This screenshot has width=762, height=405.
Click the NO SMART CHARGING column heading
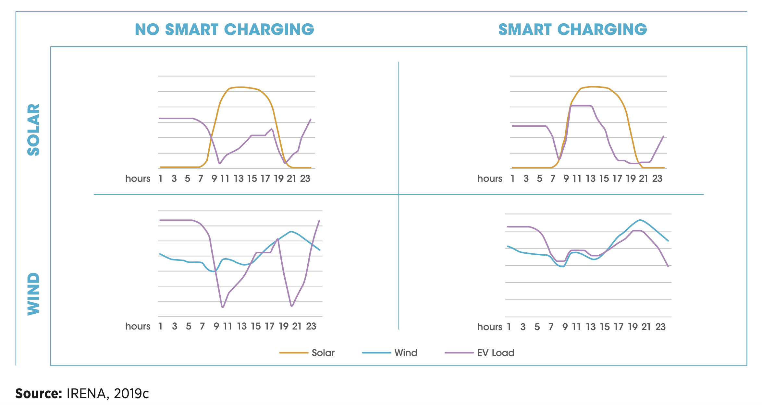224,29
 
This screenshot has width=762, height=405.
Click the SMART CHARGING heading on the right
572,29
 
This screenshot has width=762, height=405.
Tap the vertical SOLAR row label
33,130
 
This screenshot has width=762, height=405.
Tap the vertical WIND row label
33,294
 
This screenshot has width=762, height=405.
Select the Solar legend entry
323,353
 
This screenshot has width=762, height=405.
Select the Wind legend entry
405,353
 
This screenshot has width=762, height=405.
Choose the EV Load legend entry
495,353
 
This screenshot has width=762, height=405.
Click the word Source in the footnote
38,393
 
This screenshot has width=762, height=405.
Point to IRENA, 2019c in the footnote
107,393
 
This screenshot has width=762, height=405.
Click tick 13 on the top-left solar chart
239,179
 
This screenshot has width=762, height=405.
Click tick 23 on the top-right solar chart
657,179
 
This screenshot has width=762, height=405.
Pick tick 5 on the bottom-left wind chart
189,326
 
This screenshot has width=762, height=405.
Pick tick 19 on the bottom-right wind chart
633,327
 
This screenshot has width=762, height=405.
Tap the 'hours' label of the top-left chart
138,179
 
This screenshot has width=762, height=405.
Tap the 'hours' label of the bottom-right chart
489,327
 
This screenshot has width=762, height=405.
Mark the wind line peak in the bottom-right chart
640,220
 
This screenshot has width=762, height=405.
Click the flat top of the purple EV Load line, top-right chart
581,106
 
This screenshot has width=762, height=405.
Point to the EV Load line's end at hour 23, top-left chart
311,119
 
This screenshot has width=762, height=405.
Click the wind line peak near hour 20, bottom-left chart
291,231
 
